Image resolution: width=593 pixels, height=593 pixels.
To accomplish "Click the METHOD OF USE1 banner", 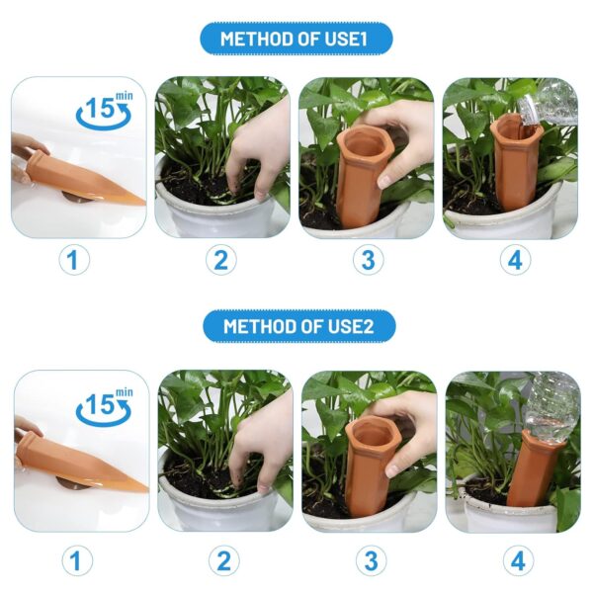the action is pyautogui.click(x=296, y=39).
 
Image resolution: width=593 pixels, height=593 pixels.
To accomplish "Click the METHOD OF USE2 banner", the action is pyautogui.click(x=299, y=326).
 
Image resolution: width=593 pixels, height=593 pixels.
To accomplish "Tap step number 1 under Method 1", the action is pyautogui.click(x=74, y=260).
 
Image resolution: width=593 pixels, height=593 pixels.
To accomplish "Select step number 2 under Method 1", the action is pyautogui.click(x=221, y=260).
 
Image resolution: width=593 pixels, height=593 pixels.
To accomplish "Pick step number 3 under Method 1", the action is pyautogui.click(x=369, y=260).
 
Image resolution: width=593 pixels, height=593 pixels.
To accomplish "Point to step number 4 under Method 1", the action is pyautogui.click(x=515, y=260).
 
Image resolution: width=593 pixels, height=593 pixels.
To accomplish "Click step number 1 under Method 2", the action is pyautogui.click(x=77, y=560).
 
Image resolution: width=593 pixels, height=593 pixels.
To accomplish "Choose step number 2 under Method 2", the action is pyautogui.click(x=224, y=560).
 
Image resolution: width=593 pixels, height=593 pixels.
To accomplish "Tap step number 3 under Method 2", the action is pyautogui.click(x=371, y=560).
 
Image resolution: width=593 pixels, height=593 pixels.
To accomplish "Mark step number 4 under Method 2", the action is pyautogui.click(x=518, y=560).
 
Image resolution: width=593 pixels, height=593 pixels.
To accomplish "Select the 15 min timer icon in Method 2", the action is pyautogui.click(x=105, y=406).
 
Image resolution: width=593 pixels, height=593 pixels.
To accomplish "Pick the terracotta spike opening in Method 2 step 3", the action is pyautogui.click(x=370, y=435).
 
